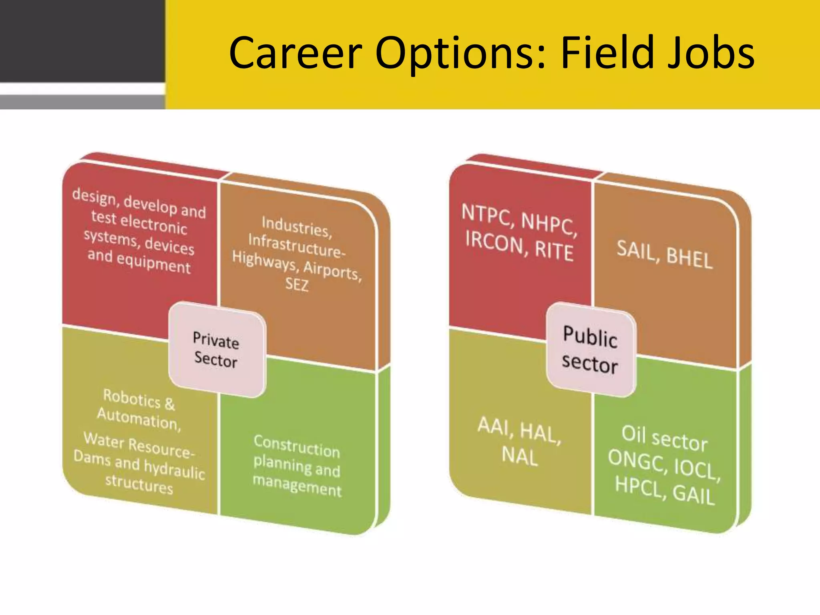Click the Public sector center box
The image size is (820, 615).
click(590, 350)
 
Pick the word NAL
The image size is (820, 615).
click(520, 456)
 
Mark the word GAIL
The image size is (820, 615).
click(693, 495)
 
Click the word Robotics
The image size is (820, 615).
click(132, 398)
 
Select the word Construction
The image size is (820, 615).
click(297, 446)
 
